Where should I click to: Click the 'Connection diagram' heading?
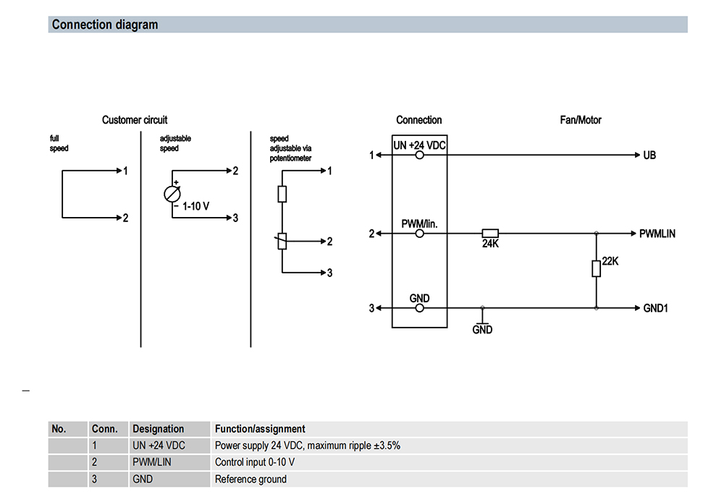coord(105,25)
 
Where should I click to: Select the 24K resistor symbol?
coord(490,234)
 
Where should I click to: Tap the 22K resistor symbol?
coord(596,269)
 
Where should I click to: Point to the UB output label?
coord(649,156)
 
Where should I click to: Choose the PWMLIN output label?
coord(657,234)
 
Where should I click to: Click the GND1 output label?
coord(655,308)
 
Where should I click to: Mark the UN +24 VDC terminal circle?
coord(419,155)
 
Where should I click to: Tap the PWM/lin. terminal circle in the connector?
coord(419,234)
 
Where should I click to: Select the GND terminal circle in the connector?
coord(419,308)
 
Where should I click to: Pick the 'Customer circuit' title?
coord(135,120)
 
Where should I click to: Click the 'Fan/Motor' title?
coord(581,120)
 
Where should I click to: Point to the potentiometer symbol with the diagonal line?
coord(282,241)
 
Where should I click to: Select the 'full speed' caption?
coord(59,143)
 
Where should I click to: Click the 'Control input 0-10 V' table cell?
coord(255,462)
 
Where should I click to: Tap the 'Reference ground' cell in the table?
coord(251,479)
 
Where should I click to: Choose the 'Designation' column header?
coord(159,429)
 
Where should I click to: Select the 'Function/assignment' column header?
coord(260,429)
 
